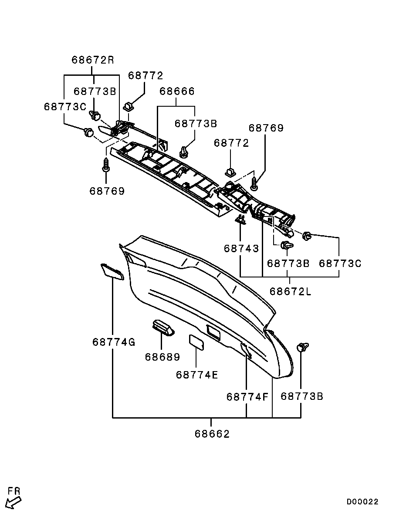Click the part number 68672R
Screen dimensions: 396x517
point(93,60)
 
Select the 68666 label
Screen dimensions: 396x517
point(177,91)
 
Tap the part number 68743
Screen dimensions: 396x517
point(241,248)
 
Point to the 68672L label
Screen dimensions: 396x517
point(291,291)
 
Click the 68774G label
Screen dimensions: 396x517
point(114,342)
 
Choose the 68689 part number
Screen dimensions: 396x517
point(162,357)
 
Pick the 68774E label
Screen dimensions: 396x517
point(197,375)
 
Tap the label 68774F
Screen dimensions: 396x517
point(247,397)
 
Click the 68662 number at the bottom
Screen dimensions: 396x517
point(212,433)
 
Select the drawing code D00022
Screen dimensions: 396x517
point(362,502)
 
